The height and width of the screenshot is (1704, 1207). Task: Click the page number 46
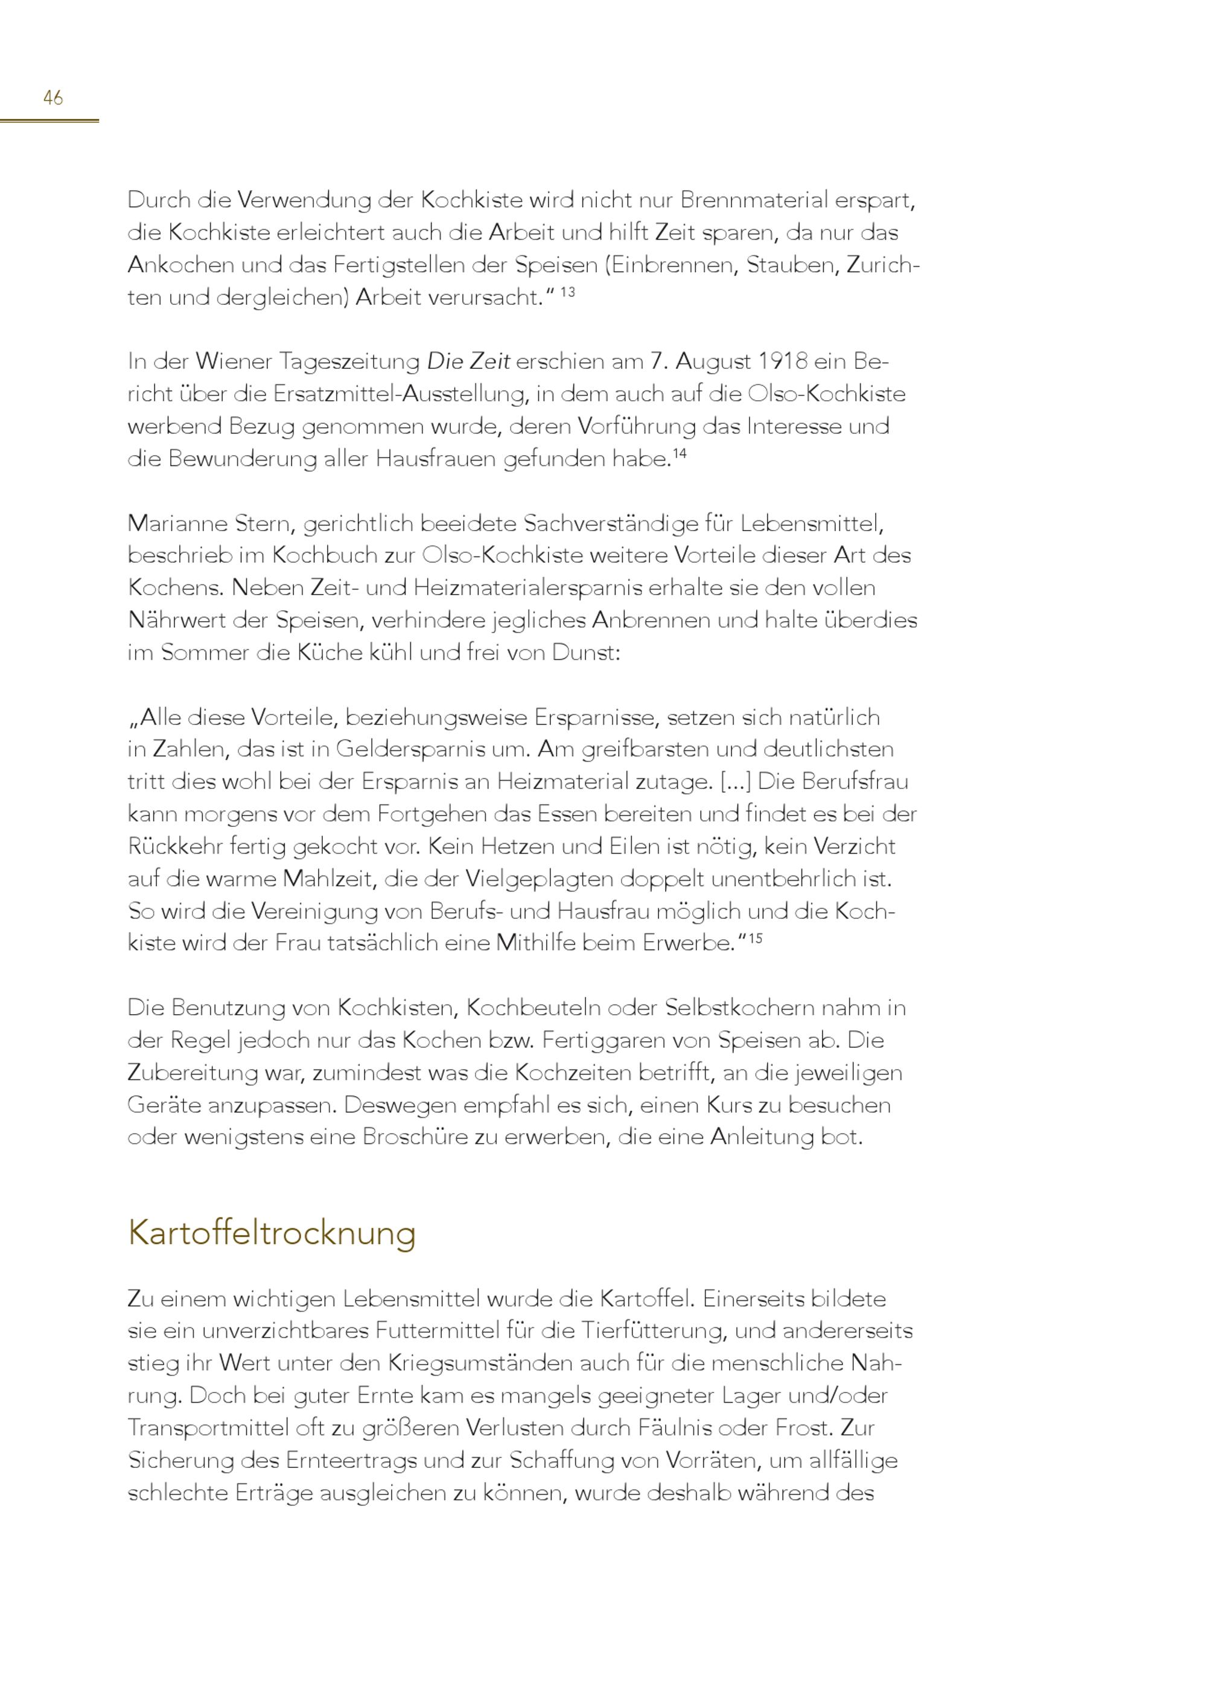(53, 97)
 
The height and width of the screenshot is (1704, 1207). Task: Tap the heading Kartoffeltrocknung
(272, 1233)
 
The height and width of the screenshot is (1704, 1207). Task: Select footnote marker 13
(567, 292)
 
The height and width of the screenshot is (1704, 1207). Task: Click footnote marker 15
(755, 938)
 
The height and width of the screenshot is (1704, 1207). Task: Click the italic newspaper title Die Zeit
(468, 362)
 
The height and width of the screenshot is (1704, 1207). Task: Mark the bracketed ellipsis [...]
(736, 781)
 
